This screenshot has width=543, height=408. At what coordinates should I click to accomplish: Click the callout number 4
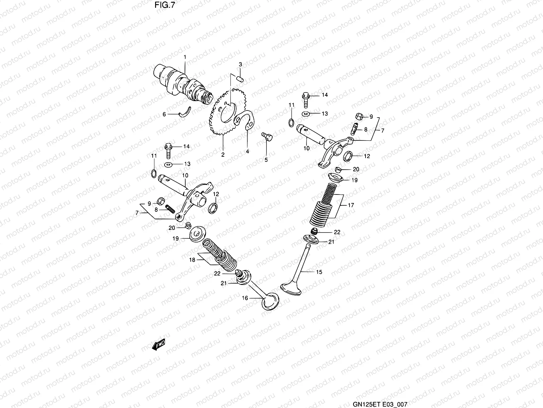coord(247,152)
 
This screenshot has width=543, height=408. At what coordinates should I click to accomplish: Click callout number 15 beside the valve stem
coord(319,272)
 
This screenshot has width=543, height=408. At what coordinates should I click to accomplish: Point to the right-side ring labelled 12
coord(348,156)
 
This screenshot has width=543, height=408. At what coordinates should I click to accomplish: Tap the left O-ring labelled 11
coord(153,174)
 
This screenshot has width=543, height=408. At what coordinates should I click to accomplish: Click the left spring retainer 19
coord(196,235)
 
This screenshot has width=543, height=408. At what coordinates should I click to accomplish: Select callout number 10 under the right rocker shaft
coord(306,149)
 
